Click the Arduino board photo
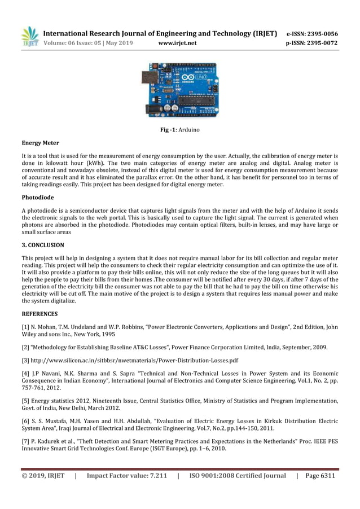(179, 90)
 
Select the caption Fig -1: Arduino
(180, 130)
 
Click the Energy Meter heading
(40, 143)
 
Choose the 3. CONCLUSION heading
(43, 245)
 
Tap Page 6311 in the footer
(320, 476)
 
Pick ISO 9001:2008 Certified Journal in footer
(237, 476)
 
